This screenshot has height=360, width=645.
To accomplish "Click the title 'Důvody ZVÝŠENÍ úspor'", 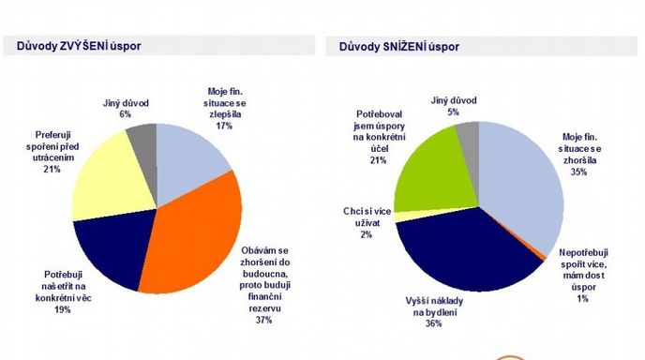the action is (x=79, y=46).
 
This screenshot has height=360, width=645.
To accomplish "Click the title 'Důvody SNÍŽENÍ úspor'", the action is (x=399, y=47).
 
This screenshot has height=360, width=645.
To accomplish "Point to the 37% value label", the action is (x=263, y=320).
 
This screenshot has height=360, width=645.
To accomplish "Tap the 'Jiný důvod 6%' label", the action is (x=126, y=109).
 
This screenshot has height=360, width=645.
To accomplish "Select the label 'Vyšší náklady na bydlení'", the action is (x=434, y=307).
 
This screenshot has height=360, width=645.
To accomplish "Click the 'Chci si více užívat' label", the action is (x=367, y=217).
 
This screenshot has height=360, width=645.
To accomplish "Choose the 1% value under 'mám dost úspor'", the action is (x=583, y=298).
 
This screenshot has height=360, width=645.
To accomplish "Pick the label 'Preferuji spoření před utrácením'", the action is (x=52, y=146).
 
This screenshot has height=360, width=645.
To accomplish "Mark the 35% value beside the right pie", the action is (x=578, y=172).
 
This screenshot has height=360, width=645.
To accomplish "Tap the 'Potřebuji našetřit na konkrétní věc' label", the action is (x=63, y=286).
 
